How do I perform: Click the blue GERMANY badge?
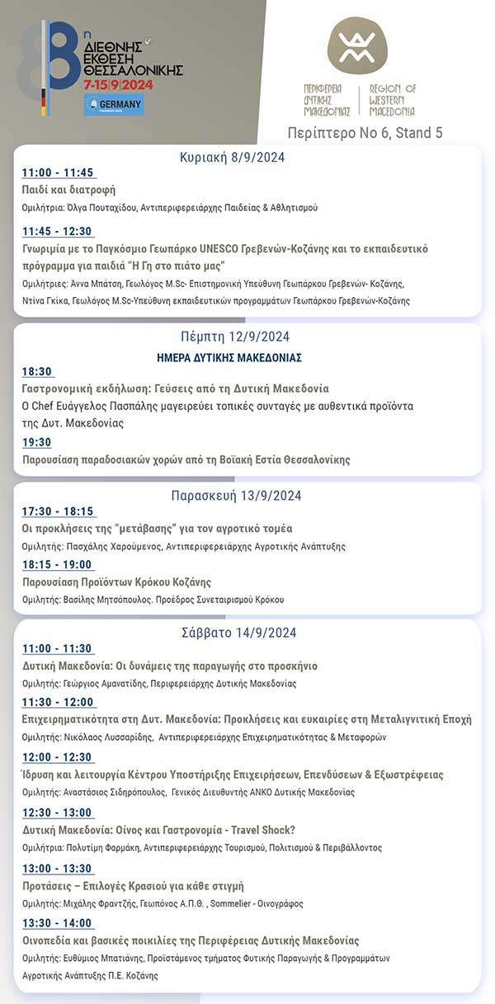[114, 104]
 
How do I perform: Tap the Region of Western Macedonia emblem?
[356, 45]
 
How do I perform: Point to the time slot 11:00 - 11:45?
[58, 173]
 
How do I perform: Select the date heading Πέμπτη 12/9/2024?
[235, 337]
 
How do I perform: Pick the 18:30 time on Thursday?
[37, 372]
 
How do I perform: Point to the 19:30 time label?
[37, 443]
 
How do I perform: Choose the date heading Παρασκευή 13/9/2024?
[236, 496]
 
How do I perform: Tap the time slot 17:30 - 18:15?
[58, 511]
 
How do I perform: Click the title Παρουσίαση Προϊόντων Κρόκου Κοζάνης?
[116, 582]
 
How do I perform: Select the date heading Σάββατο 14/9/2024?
[238, 633]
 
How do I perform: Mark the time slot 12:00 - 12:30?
[58, 757]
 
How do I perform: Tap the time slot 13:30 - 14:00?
[58, 923]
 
